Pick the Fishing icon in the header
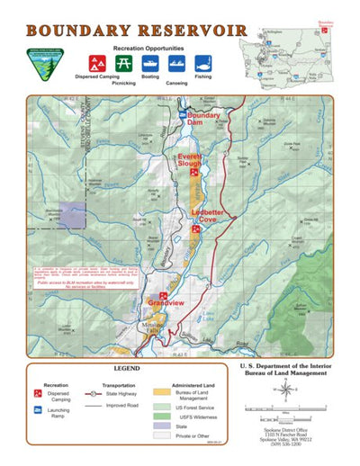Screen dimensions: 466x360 202,63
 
